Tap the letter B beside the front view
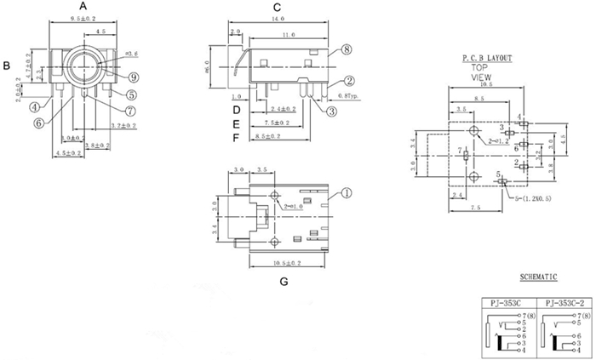coord(6,66)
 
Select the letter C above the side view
coord(277,8)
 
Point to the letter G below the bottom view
coord(283,281)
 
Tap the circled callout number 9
coord(135,77)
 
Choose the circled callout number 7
coord(130,111)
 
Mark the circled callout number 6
coord(40,123)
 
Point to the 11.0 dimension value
coord(287,35)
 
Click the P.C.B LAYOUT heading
coord(487,58)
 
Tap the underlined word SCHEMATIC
coord(538,277)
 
